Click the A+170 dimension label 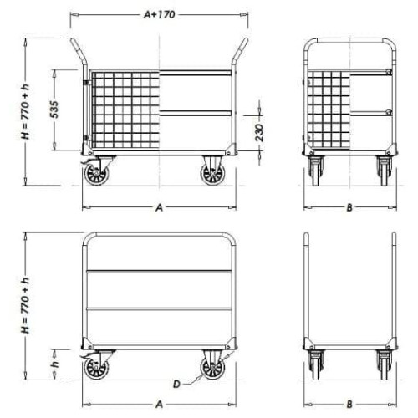(160, 14)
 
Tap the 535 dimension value (55, 110)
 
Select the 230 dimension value (259, 133)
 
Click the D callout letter (176, 385)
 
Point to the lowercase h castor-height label (55, 364)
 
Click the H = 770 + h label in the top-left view (25, 111)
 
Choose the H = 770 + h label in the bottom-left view (25, 306)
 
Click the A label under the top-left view (159, 207)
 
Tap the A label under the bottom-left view (159, 405)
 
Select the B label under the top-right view (349, 207)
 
